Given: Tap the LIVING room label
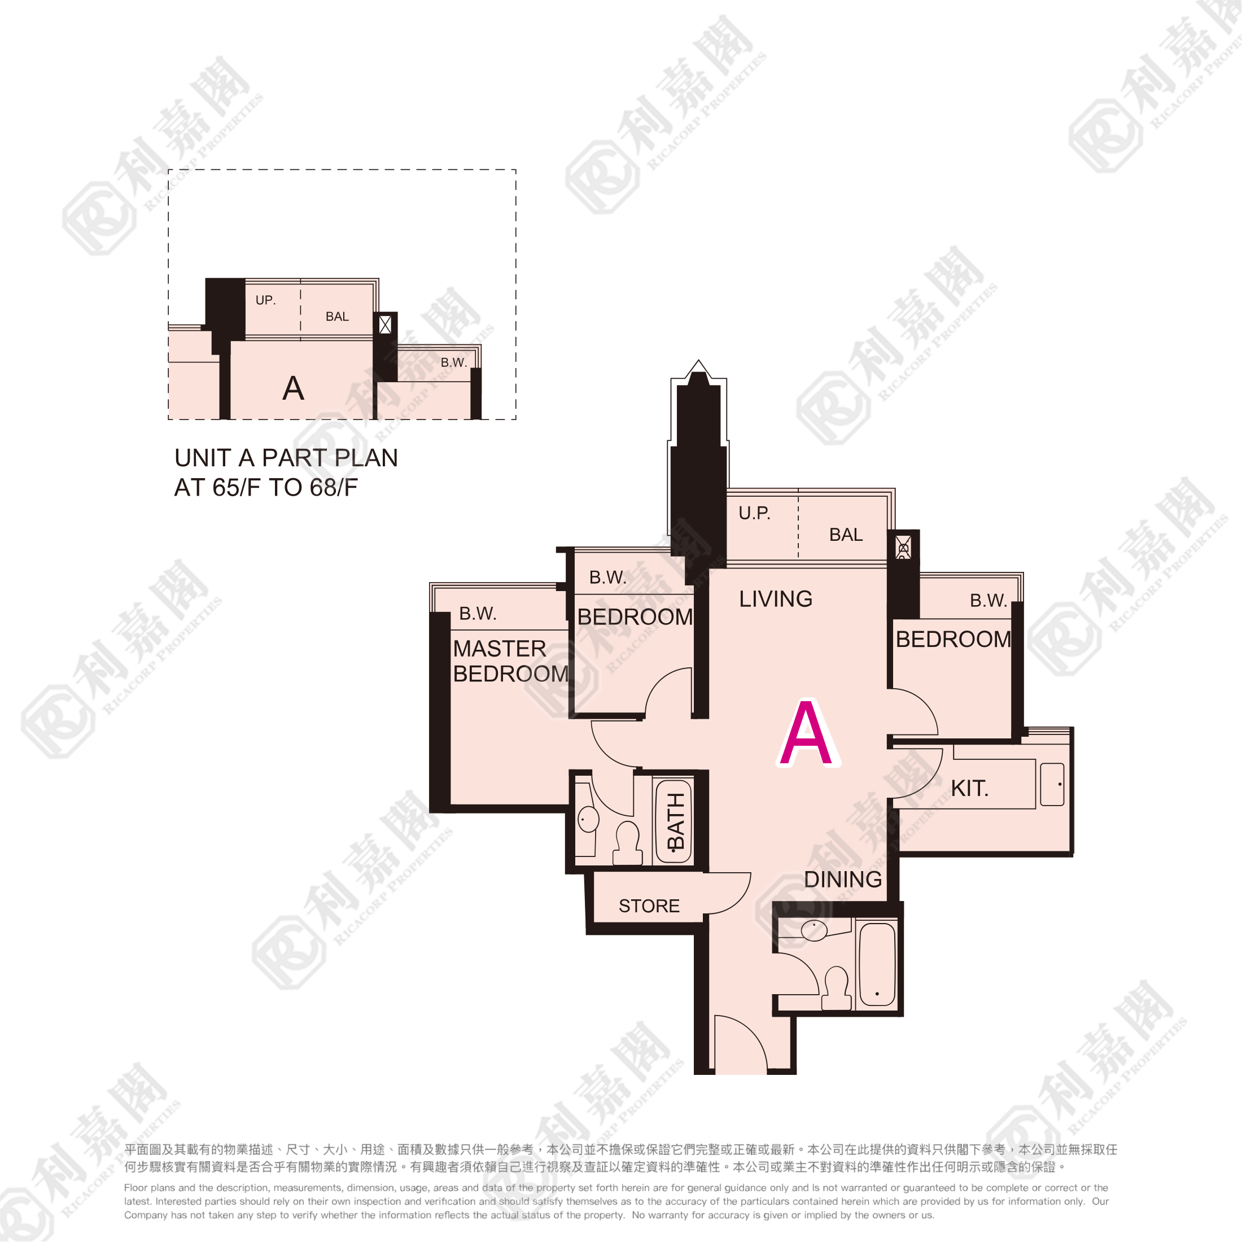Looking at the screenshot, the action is click(x=775, y=599).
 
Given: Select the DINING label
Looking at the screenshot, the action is click(x=843, y=880).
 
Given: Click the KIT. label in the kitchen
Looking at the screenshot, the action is click(x=969, y=788).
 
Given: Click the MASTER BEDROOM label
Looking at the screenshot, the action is click(x=510, y=661).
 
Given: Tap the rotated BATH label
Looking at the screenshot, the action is click(x=676, y=821).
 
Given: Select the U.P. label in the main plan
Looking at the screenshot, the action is click(x=754, y=513).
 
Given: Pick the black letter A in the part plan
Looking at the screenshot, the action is click(x=293, y=388).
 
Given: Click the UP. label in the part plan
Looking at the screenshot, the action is click(x=265, y=300).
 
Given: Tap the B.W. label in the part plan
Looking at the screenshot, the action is click(x=454, y=362).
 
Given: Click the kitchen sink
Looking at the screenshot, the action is click(x=1052, y=784).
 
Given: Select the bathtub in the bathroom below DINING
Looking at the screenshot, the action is click(x=877, y=964).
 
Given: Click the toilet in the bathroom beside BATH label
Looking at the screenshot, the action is click(x=627, y=843).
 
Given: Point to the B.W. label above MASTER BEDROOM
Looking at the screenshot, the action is click(x=478, y=614).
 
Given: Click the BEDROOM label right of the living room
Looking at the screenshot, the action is click(x=954, y=639).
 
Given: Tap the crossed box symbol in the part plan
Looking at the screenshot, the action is click(x=385, y=325).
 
